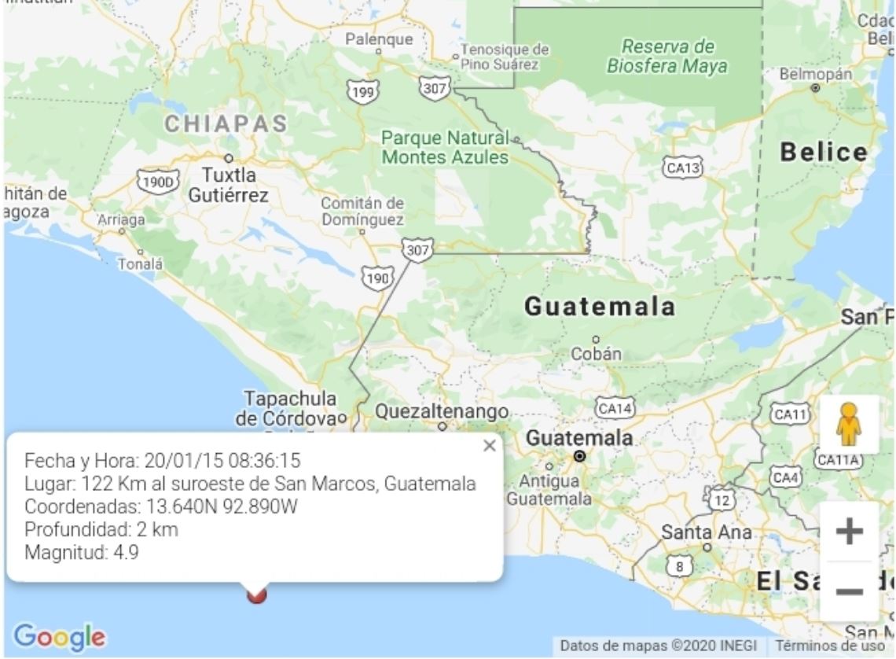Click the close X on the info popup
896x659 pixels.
(x=490, y=446)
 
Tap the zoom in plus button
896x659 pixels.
(x=849, y=532)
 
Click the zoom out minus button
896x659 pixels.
(x=849, y=591)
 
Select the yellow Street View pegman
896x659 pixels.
(x=849, y=425)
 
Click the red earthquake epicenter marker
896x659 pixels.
(x=256, y=595)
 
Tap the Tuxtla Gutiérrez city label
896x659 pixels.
(x=229, y=184)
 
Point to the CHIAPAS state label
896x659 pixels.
(x=226, y=124)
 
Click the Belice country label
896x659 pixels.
(x=824, y=153)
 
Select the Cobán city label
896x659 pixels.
(x=596, y=354)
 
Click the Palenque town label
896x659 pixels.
(x=379, y=39)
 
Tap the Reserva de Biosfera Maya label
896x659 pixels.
(x=666, y=56)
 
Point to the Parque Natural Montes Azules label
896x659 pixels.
(x=445, y=147)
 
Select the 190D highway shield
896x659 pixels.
(x=158, y=182)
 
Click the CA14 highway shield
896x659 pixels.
(x=614, y=408)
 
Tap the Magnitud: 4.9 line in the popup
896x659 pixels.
(x=82, y=552)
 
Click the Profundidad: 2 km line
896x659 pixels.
(x=101, y=529)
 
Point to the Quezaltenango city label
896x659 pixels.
(x=442, y=411)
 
